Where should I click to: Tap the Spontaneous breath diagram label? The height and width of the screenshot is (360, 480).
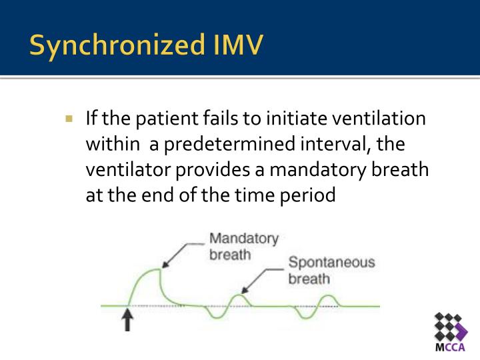331,269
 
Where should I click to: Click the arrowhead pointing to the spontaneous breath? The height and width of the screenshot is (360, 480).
243,291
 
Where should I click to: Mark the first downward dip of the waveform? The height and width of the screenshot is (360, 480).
215,314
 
